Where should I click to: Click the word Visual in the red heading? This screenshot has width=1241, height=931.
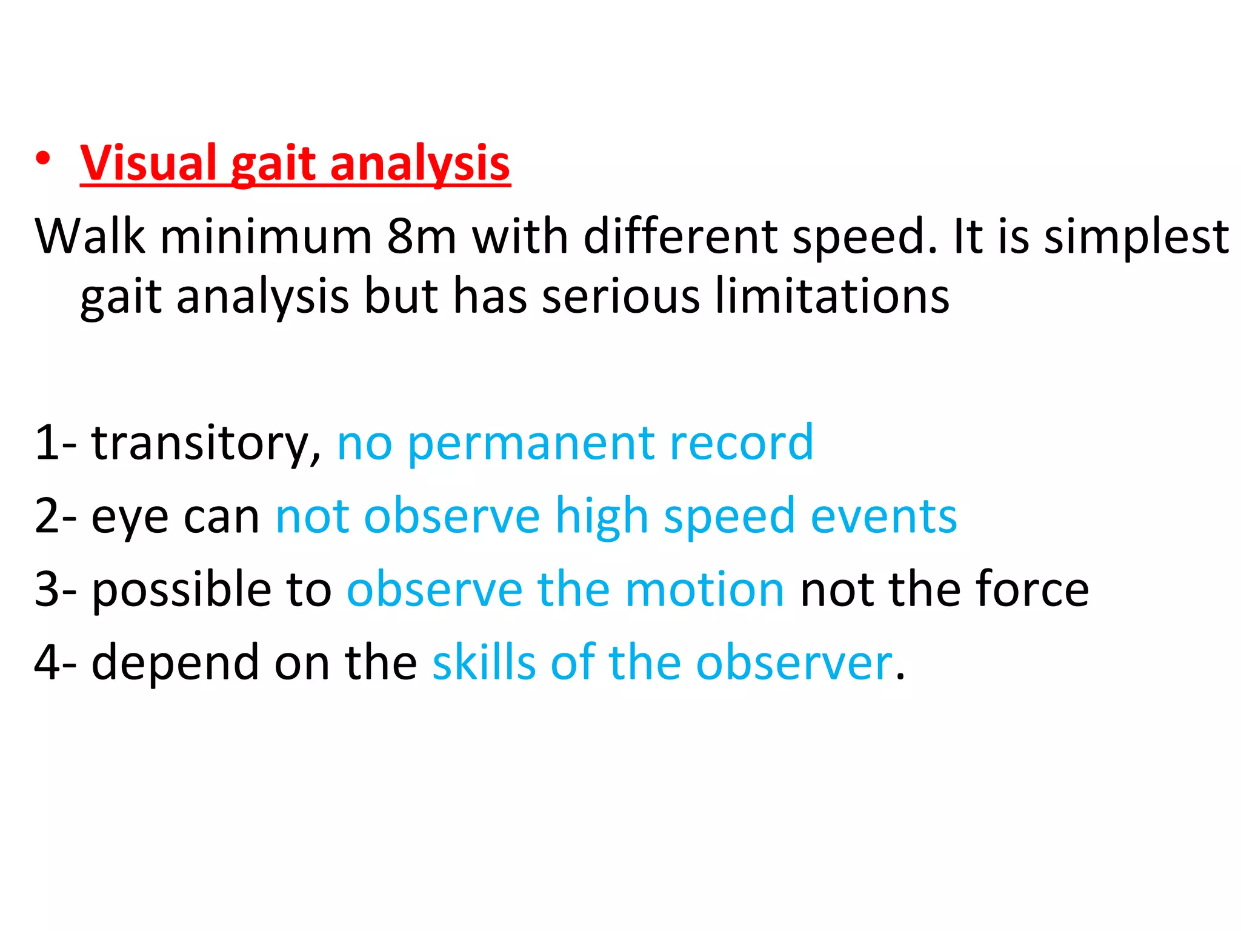[x=148, y=164]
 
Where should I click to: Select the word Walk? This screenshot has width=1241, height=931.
[x=90, y=236]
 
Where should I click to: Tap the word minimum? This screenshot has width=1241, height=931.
[x=265, y=236]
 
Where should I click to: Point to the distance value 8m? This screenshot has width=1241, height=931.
[x=421, y=236]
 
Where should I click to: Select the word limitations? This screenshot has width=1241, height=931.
[x=832, y=296]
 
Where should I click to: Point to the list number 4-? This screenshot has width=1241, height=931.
[x=55, y=662]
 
